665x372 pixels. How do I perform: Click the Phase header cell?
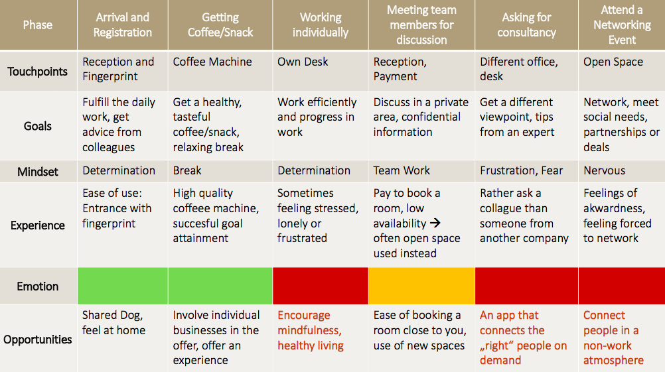(38, 25)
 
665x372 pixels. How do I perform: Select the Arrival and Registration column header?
(123, 25)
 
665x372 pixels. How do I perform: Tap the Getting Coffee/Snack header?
(220, 25)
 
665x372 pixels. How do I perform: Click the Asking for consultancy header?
(526, 25)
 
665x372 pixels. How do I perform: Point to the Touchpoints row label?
(38, 71)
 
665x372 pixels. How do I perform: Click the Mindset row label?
(38, 172)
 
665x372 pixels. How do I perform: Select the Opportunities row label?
(38, 340)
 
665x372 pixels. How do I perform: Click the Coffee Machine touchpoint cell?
(220, 71)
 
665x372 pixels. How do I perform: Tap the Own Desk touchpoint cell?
(320, 71)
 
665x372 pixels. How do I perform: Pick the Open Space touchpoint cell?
(622, 71)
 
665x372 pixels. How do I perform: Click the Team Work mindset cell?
(421, 172)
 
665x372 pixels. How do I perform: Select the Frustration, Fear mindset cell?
(526, 172)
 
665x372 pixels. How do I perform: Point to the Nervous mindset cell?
(622, 172)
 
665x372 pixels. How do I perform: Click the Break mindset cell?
(220, 172)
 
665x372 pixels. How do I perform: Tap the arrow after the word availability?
(435, 223)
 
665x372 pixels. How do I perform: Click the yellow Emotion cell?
(421, 286)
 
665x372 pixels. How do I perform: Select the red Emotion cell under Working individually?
(320, 286)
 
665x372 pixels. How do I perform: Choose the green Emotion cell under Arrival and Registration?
(123, 286)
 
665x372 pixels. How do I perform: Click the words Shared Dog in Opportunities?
(112, 316)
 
